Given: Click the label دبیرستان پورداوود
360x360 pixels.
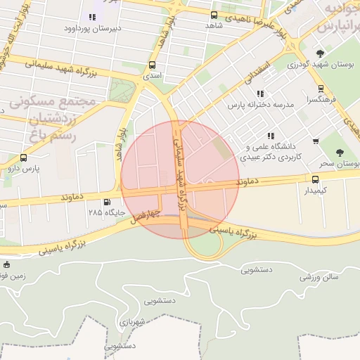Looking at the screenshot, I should [x=89, y=29].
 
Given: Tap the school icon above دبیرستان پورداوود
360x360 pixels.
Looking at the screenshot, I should [x=92, y=17].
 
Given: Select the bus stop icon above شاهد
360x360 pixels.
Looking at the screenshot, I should [x=214, y=14].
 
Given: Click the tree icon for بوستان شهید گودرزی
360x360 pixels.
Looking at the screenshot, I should [x=321, y=53].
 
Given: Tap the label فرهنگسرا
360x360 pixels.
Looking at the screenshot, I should [x=321, y=101].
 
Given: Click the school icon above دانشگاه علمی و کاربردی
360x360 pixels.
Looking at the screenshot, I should [x=270, y=136].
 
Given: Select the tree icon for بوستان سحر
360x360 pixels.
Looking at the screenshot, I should [x=340, y=152].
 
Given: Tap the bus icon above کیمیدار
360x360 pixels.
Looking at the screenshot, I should [x=315, y=179].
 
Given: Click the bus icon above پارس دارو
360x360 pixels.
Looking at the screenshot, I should [x=25, y=158].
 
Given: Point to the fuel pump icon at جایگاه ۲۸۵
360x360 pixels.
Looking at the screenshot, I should [x=107, y=202].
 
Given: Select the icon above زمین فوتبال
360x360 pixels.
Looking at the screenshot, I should [x=6, y=265].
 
